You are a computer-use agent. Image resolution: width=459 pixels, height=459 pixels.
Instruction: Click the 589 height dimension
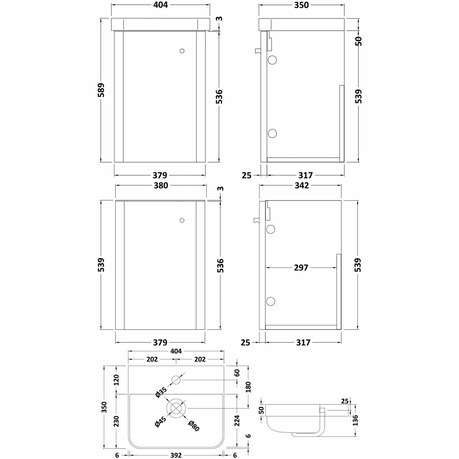pos(101,90)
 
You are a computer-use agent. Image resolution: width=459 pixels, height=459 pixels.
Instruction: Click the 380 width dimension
pos(161,185)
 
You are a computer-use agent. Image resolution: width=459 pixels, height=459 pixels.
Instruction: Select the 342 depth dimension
pos(301,185)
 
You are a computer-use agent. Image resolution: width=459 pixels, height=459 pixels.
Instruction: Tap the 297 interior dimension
pos(301,267)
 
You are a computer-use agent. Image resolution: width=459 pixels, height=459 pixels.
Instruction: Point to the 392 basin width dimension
pos(176,455)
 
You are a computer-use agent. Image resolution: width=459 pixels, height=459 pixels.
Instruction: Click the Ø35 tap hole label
pos(161,393)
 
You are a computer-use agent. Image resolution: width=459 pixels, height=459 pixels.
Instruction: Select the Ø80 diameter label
pos(194,426)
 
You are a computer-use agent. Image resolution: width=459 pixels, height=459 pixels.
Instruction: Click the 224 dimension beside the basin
pos(237,421)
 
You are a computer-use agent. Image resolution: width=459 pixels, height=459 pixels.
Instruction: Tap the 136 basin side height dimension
pos(355,420)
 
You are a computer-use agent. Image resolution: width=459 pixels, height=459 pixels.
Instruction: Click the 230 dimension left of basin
pos(116,421)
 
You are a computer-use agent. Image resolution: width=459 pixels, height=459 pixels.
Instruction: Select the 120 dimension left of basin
pos(116,380)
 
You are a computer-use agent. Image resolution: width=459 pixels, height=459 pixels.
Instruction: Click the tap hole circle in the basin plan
pos(176,380)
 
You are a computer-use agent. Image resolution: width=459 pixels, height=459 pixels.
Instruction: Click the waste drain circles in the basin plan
pos(176,408)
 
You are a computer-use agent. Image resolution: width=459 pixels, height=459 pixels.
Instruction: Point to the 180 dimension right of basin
pos(248,387)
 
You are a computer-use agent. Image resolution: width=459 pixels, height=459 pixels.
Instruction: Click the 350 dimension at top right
pos(301,5)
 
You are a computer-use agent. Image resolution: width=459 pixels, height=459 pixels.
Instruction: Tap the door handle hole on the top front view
pos(182,51)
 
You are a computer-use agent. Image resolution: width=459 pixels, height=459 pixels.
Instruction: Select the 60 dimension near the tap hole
pos(237,373)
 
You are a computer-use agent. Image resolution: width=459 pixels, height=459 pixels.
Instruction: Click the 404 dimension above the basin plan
pos(176,351)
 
